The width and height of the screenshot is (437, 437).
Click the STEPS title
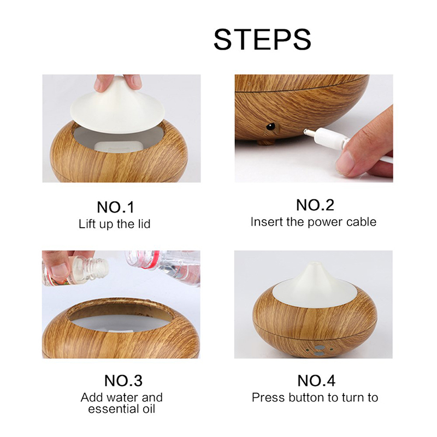[x=262, y=39]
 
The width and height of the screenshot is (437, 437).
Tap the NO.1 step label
[x=115, y=207]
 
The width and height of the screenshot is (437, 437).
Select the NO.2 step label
[x=315, y=205]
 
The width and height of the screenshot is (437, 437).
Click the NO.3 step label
[x=123, y=380]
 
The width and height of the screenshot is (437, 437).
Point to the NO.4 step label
[x=316, y=380]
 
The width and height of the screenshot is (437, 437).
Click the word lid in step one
[x=144, y=224]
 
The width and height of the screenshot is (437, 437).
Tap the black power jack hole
[x=270, y=126]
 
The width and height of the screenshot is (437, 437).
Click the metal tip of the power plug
[x=309, y=132]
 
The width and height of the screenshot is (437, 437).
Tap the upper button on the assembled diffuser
[x=319, y=347]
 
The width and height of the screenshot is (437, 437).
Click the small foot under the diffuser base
[x=267, y=143]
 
